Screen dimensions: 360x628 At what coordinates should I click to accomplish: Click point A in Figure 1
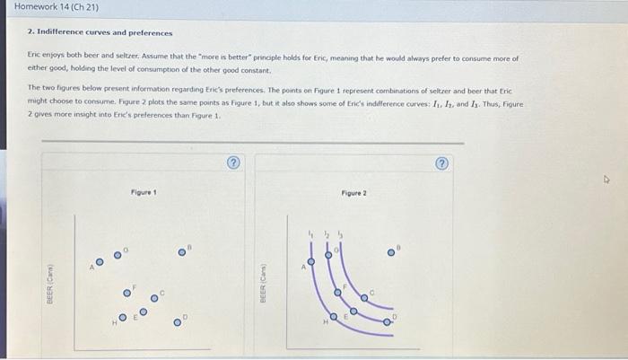point(100,261)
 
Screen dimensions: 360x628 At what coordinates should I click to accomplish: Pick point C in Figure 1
point(154,299)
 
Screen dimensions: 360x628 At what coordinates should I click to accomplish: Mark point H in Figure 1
point(122,317)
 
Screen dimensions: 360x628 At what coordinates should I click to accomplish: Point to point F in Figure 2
point(337,291)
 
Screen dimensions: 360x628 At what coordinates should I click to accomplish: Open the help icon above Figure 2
point(440,162)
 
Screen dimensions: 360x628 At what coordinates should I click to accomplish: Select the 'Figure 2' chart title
point(353,193)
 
